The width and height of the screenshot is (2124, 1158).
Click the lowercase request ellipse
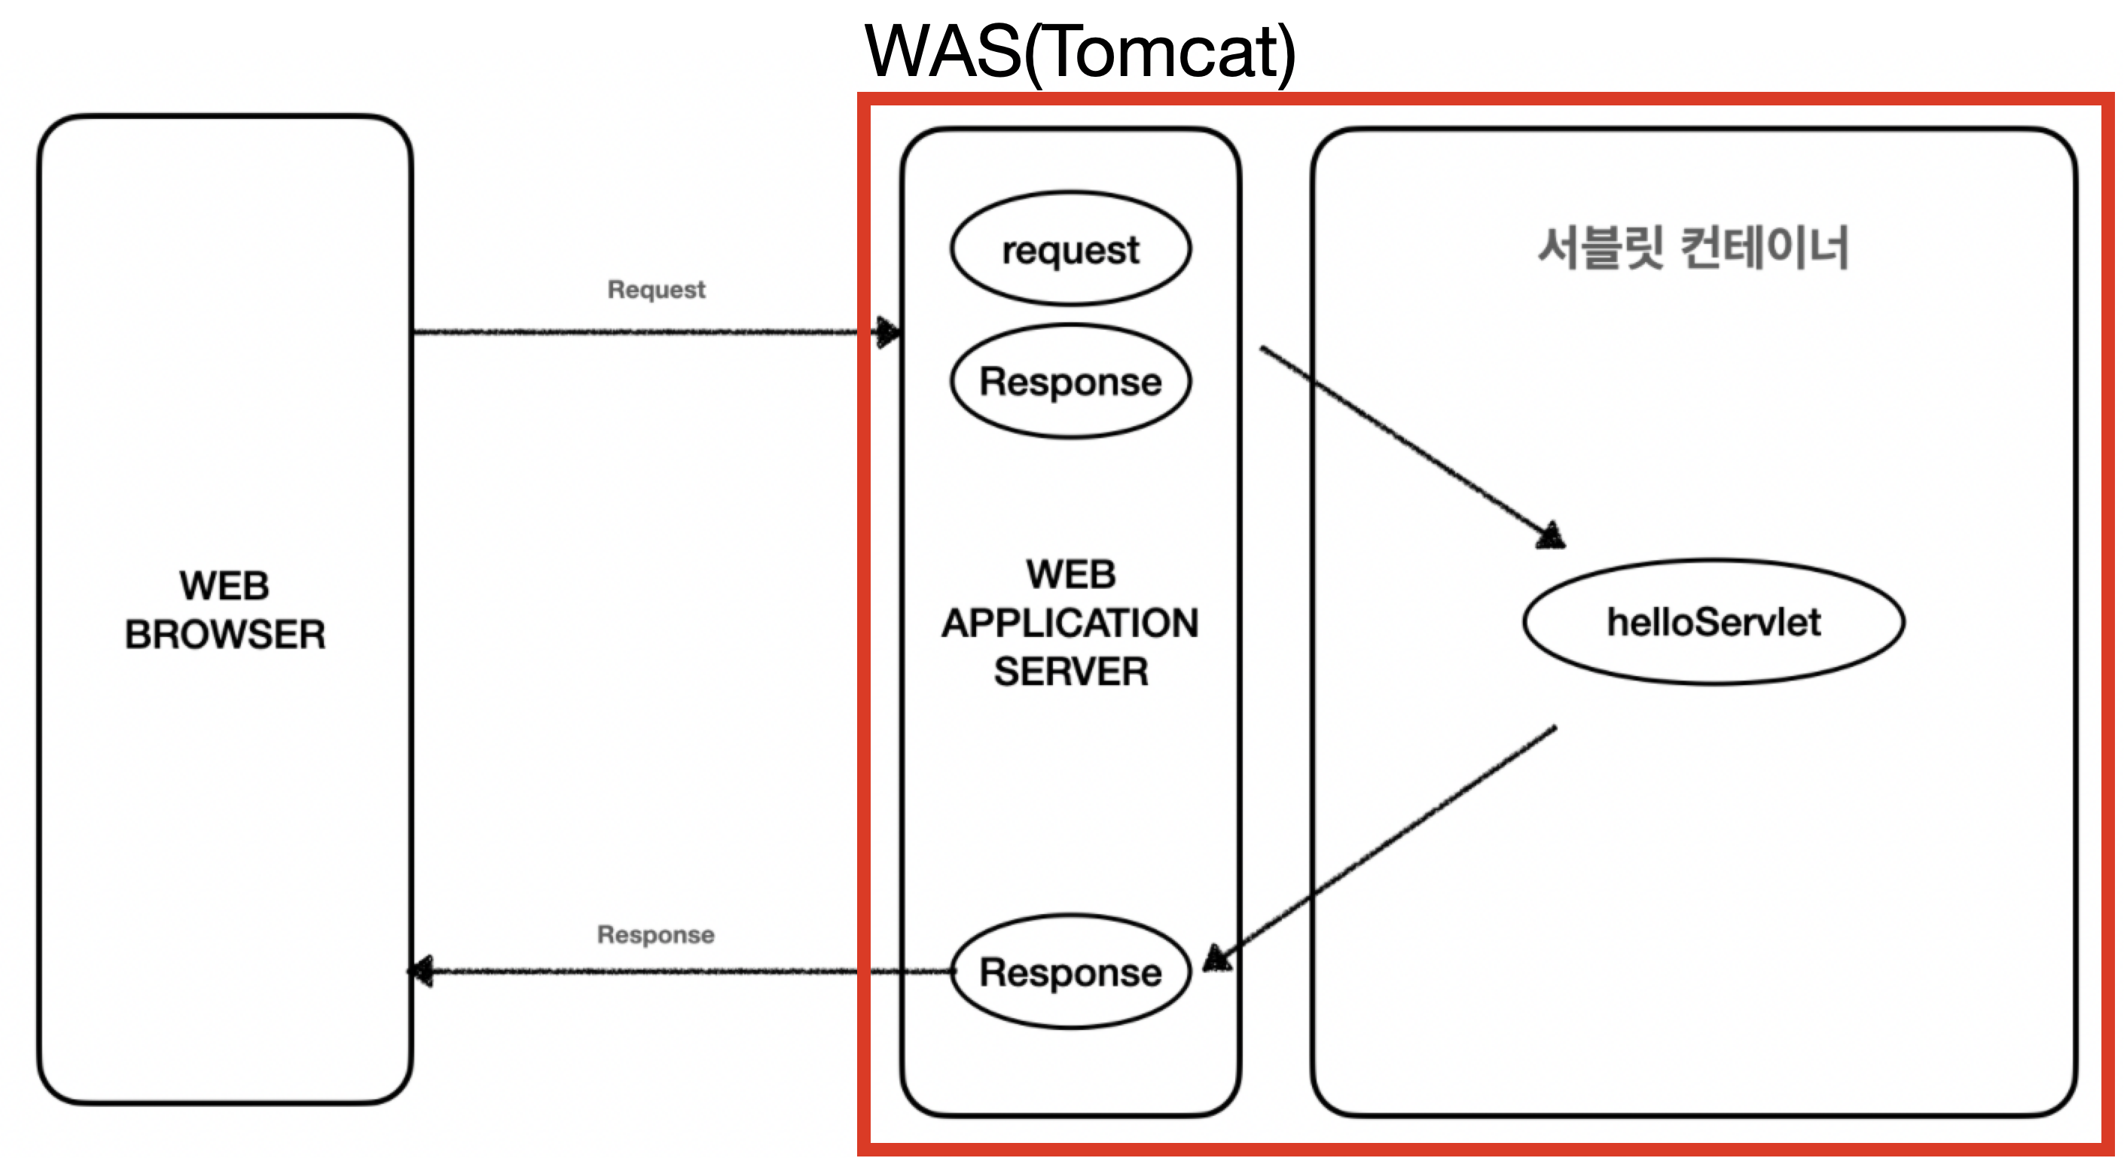1070,249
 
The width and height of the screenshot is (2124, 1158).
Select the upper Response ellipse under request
1070,381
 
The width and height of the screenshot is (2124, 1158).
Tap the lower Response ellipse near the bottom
1070,972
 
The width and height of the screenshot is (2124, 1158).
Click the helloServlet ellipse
1714,621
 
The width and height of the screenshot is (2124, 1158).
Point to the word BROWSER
224,635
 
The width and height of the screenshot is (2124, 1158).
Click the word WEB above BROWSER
224,586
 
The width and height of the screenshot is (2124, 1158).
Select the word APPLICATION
1070,623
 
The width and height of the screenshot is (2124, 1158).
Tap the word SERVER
1070,672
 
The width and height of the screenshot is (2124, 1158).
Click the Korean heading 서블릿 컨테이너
1692,247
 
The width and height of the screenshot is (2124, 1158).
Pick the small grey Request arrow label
656,289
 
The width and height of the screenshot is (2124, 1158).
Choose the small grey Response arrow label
655,934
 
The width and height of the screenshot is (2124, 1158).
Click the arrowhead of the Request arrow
888,332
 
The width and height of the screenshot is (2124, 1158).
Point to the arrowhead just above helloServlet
1551,536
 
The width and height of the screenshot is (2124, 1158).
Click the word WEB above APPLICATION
1070,574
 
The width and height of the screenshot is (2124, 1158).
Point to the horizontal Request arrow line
635,332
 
